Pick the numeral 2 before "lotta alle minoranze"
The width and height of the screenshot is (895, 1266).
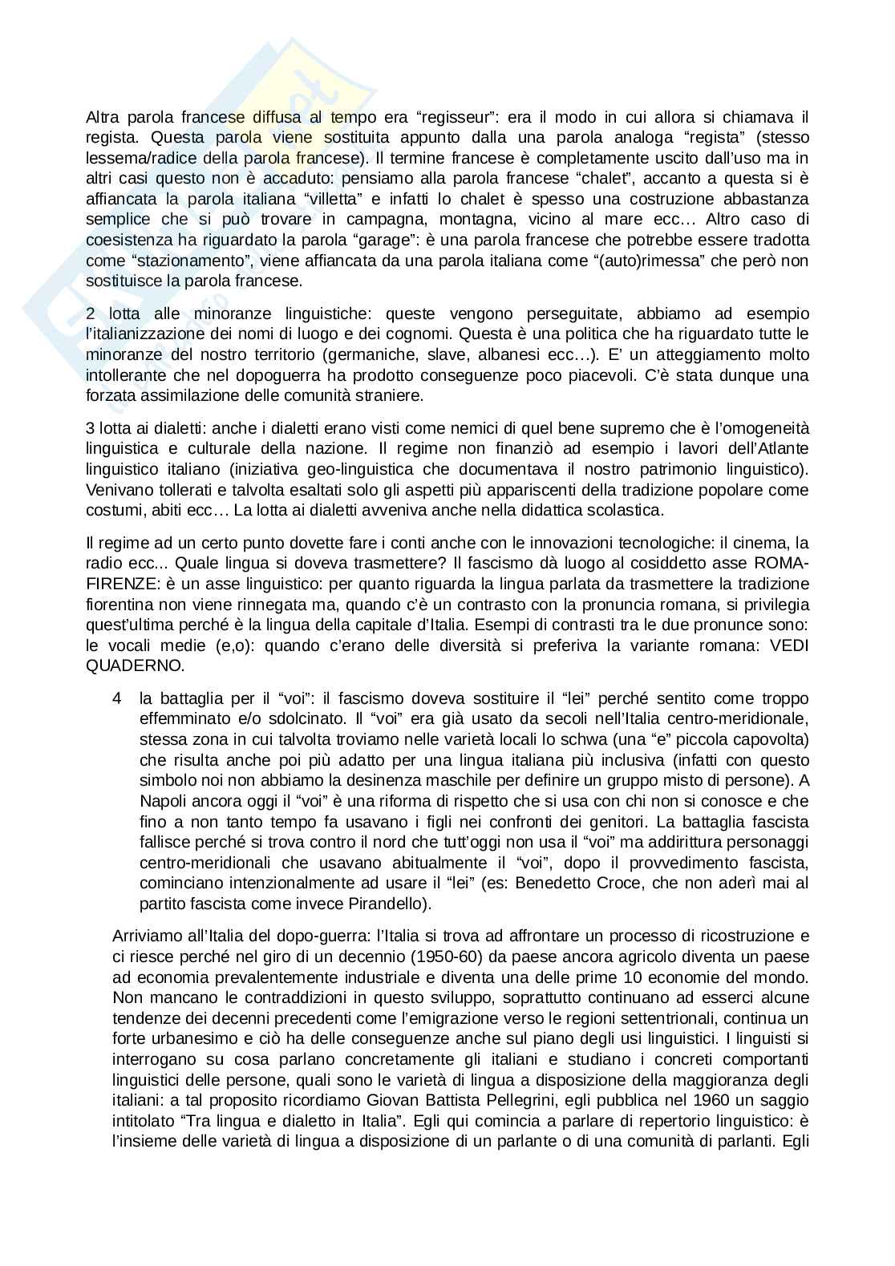tap(90, 313)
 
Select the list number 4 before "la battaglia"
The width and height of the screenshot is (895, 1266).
tap(117, 698)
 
